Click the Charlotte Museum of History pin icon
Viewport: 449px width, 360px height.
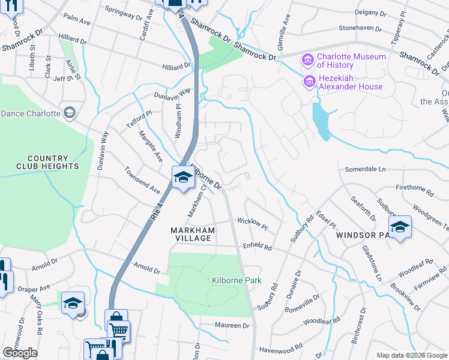click(x=309, y=59)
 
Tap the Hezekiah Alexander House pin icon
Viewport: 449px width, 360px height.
click(x=310, y=81)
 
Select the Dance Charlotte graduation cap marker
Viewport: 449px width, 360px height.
click(x=70, y=113)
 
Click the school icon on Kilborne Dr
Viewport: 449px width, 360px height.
click(x=183, y=177)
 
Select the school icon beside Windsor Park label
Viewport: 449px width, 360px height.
click(x=400, y=227)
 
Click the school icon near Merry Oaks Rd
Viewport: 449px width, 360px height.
click(x=73, y=303)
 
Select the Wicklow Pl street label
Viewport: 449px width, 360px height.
click(x=252, y=222)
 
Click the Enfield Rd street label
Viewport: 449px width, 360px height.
click(x=257, y=247)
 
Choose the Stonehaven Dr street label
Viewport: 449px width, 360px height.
click(x=360, y=28)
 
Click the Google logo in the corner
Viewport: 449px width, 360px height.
click(x=20, y=353)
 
